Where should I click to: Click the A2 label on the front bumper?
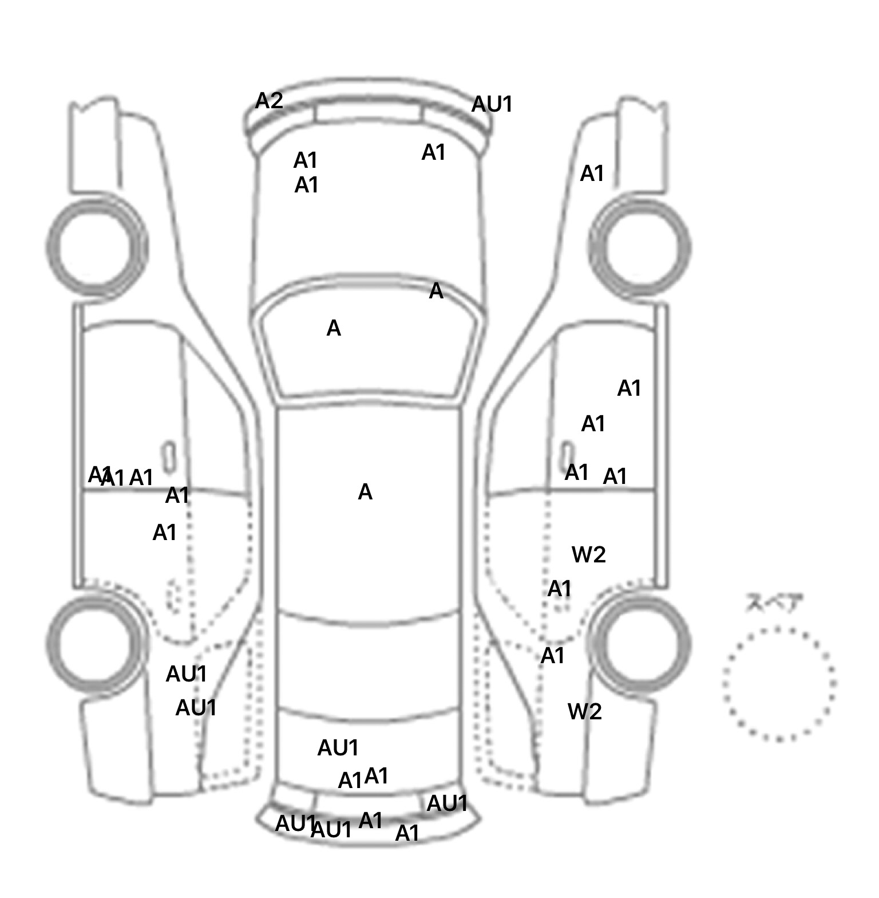(x=269, y=101)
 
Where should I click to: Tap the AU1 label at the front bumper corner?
(x=492, y=105)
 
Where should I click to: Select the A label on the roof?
(x=365, y=492)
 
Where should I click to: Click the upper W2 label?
(x=588, y=554)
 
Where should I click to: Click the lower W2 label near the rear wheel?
(x=584, y=712)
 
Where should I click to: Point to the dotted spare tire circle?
(x=779, y=684)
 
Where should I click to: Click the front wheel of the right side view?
(x=641, y=247)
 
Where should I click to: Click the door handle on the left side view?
(x=168, y=457)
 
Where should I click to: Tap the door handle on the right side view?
(x=567, y=455)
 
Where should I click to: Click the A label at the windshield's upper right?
(x=436, y=292)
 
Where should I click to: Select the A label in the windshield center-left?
(x=334, y=329)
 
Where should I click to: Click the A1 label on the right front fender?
(x=592, y=174)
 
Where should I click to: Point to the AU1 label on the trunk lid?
(x=338, y=748)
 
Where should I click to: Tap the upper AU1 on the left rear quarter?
(x=186, y=674)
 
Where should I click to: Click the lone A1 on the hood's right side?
(x=433, y=153)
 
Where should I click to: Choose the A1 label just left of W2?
(x=559, y=589)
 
